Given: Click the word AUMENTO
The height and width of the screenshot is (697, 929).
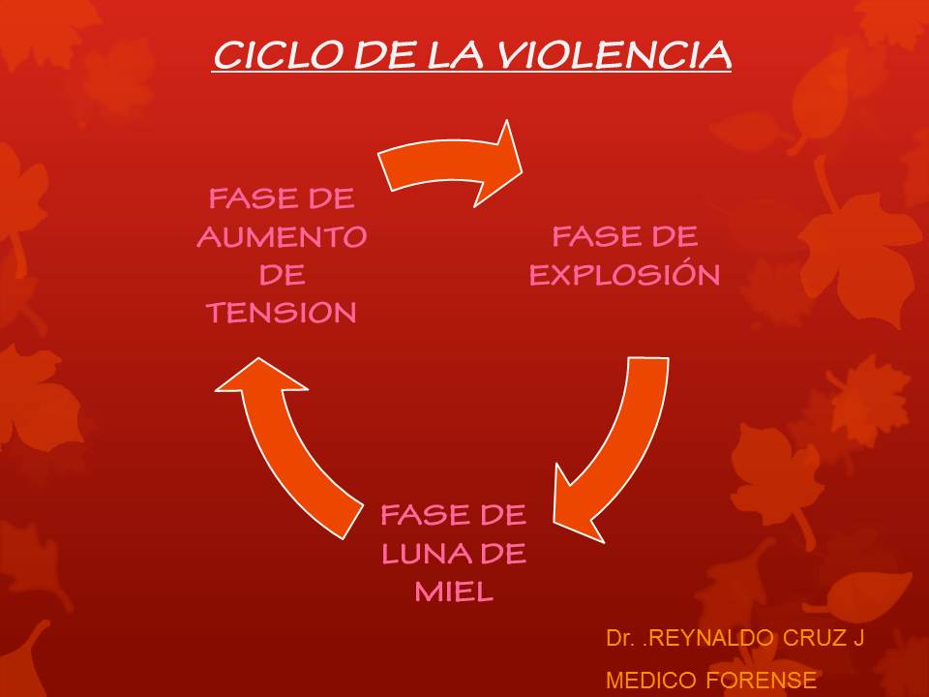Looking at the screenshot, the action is pyautogui.click(x=282, y=237).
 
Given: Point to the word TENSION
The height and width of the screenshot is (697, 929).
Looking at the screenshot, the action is pyautogui.click(x=282, y=313).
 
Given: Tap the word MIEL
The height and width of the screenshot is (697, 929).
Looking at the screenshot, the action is pyautogui.click(x=454, y=591).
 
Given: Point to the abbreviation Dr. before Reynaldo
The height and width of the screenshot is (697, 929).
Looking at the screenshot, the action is pyautogui.click(x=619, y=638).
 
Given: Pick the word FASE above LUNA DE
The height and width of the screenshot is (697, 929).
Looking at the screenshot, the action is pyautogui.click(x=416, y=515).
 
